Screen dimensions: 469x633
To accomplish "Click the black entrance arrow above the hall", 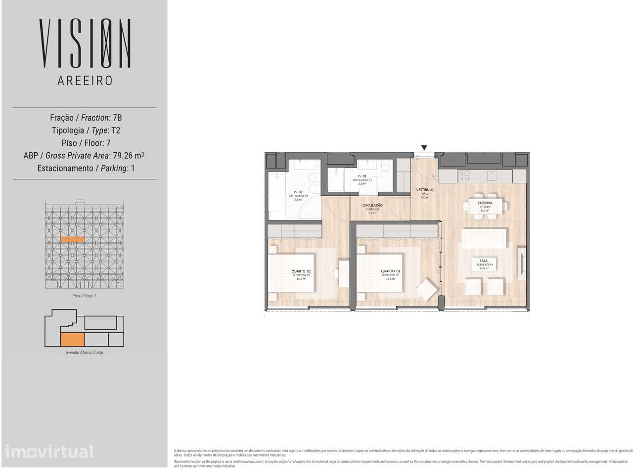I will click(424, 147).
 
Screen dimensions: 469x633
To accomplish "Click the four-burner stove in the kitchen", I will click(464, 176).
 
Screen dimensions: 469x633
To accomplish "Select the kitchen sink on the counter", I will click(492, 175).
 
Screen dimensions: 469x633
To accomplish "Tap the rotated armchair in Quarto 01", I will click(426, 290).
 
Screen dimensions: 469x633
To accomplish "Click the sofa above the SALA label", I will click(484, 239).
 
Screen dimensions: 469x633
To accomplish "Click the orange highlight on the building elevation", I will click(73, 239).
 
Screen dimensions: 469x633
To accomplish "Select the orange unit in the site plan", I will click(72, 339).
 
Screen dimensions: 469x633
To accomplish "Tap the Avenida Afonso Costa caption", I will click(84, 352).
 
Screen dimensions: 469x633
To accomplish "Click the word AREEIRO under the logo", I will click(85, 81).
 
